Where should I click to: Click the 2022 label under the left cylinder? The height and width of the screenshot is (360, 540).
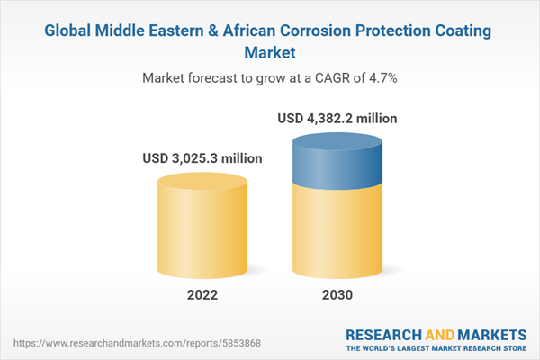(203, 295)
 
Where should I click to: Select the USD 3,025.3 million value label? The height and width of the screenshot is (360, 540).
(202, 158)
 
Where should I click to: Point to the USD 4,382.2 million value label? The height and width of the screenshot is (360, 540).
(337, 118)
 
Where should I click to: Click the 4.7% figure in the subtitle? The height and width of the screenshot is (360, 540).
(380, 78)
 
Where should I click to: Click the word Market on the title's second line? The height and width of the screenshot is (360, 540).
(270, 53)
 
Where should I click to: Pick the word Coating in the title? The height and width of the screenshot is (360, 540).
(462, 31)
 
